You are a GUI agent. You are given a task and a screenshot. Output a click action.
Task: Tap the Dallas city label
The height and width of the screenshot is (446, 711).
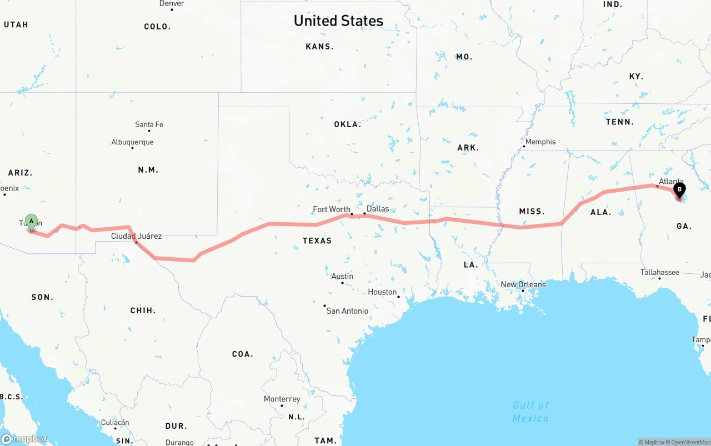click(378, 209)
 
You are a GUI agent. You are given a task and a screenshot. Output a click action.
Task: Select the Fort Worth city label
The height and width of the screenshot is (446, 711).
click(332, 209)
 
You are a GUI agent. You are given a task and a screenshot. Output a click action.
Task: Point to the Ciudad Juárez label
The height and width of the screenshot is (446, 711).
click(137, 236)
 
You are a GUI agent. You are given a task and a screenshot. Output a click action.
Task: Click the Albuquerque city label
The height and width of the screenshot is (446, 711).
click(132, 142)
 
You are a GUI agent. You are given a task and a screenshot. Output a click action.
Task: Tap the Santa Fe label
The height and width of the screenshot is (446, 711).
click(149, 124)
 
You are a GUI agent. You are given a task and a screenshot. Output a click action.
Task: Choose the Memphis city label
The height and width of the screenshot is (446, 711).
click(540, 142)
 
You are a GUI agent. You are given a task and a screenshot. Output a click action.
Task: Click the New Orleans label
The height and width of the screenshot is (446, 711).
click(523, 284)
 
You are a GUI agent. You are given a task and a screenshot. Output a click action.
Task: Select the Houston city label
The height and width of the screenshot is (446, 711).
click(382, 292)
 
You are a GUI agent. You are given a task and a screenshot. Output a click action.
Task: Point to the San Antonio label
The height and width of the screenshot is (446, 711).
click(347, 311)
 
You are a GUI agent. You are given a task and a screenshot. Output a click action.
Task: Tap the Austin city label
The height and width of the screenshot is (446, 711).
click(342, 277)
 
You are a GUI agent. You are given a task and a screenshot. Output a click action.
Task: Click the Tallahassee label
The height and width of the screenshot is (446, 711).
click(660, 272)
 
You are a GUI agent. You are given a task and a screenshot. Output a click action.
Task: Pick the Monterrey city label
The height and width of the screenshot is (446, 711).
click(282, 399)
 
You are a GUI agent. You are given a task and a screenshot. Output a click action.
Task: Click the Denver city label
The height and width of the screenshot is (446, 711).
click(172, 3)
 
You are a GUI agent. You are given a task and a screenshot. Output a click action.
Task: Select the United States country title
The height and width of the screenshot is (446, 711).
click(338, 21)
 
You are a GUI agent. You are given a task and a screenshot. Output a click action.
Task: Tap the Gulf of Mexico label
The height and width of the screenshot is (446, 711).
click(530, 412)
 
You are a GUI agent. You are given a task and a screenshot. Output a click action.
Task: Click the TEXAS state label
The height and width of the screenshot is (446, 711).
click(317, 240)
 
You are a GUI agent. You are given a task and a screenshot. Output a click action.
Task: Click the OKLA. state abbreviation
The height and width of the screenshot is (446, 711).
click(347, 124)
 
